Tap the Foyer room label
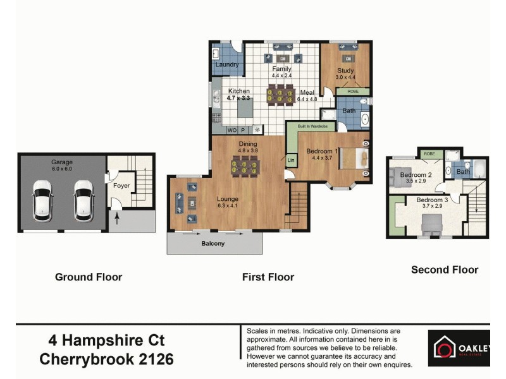pos(121,186)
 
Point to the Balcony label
pos(213,243)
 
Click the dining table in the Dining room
pos(244,167)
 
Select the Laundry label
pos(227,64)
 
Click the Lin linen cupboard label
pos(291,160)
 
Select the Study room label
pos(345,71)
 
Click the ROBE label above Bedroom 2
pos(429,153)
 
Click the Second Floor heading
pos(445,270)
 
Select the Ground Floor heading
pos(89,277)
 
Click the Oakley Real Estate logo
pos(459,348)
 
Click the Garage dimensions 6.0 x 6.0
pos(62,169)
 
